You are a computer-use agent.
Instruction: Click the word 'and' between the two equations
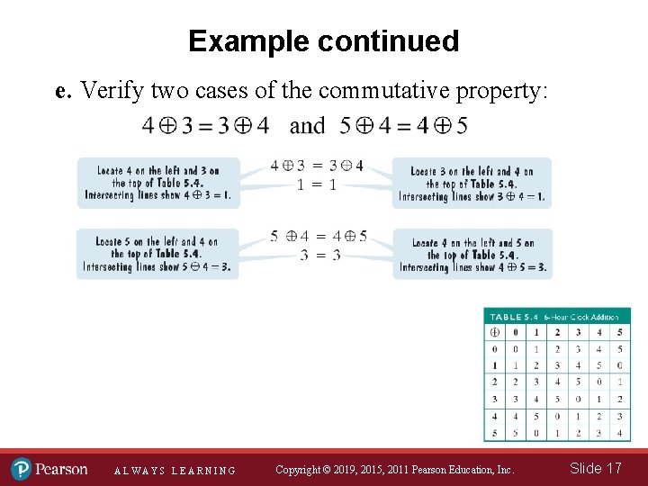[x=308, y=126]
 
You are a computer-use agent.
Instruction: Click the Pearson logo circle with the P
[x=21, y=469]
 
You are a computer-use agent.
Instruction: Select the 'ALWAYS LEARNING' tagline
[x=175, y=471]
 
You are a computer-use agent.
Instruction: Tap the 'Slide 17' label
[x=595, y=468]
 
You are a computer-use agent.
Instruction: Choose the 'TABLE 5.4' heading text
[x=512, y=316]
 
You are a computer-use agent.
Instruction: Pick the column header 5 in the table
[x=620, y=332]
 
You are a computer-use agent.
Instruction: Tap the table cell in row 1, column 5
[x=620, y=365]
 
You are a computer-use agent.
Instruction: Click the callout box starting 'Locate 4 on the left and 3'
[x=158, y=183]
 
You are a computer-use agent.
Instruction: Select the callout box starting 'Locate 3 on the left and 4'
[x=472, y=184]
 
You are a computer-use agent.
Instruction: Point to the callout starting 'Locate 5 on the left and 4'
[x=157, y=254]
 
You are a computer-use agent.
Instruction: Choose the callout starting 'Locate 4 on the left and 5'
[x=472, y=255]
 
